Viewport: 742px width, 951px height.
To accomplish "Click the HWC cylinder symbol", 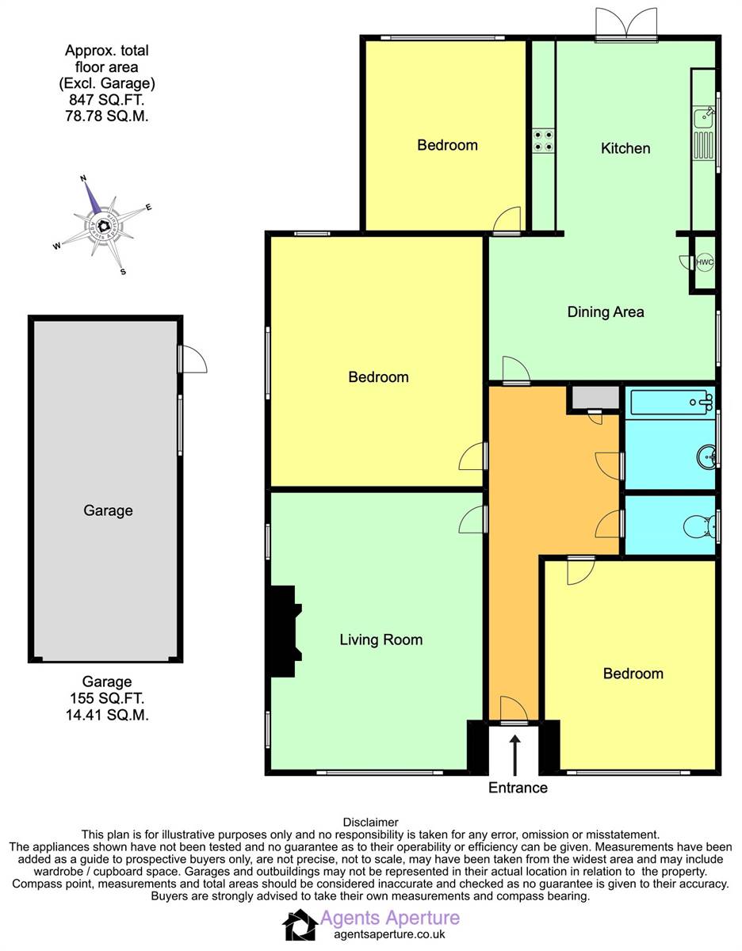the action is [705, 262].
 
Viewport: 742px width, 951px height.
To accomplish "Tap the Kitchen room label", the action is [625, 148].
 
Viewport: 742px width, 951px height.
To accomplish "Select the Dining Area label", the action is [606, 312].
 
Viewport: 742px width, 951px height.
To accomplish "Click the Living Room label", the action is [381, 640].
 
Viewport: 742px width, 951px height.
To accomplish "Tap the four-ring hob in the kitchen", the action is [543, 141].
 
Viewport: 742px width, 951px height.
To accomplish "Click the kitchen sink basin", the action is [703, 116].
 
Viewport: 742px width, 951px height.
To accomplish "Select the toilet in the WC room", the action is [700, 525].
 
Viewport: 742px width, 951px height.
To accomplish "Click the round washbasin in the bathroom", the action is [706, 456].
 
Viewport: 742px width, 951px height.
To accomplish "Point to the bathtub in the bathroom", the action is [671, 402].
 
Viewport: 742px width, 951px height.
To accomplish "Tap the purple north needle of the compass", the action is [93, 198].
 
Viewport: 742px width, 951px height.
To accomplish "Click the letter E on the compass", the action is [148, 207].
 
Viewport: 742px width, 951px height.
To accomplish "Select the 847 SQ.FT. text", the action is [106, 100].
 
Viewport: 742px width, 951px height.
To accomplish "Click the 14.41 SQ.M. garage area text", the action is [107, 715].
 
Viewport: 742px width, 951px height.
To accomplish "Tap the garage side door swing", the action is [193, 359].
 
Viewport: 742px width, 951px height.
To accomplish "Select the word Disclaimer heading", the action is [370, 823].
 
